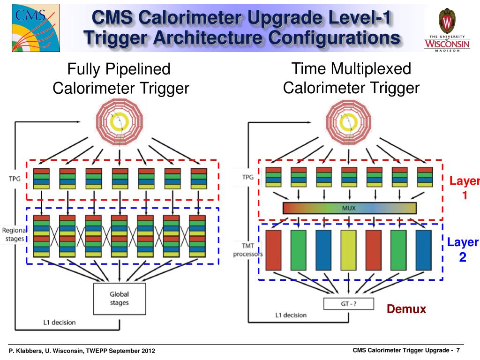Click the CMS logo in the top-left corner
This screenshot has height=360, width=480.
(x=30, y=29)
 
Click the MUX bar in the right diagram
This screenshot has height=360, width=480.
(x=350, y=208)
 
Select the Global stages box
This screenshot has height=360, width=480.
(x=119, y=299)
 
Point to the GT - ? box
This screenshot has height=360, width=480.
(x=349, y=304)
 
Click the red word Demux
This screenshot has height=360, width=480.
(x=406, y=309)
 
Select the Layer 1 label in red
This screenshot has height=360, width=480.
(x=465, y=188)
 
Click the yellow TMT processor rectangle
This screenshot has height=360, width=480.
(x=348, y=250)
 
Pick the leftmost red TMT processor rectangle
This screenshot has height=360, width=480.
(x=273, y=250)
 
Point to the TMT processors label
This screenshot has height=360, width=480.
(x=247, y=250)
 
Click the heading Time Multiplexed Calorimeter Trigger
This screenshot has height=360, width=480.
(x=351, y=78)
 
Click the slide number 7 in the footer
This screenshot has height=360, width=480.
(x=458, y=351)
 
